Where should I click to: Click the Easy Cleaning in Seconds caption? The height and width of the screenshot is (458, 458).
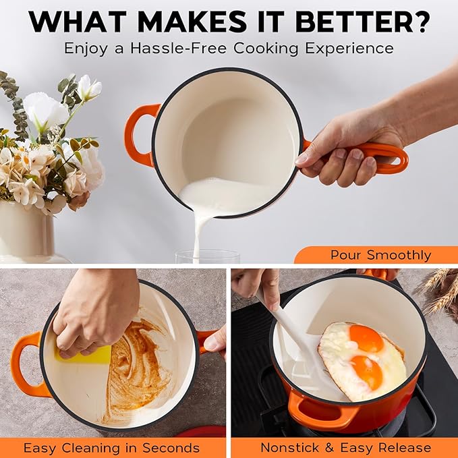coord(111,448)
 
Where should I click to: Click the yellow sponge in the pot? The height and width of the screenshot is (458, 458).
coord(88,354)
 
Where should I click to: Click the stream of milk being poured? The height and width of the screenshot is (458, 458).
coord(198,229)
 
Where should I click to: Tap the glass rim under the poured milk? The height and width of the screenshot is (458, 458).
coord(207,254)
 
